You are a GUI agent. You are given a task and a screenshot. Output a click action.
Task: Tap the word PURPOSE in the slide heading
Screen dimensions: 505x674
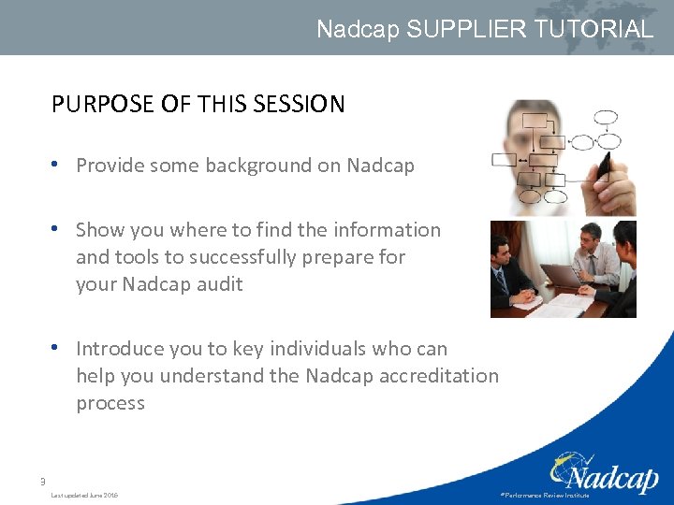point(104,104)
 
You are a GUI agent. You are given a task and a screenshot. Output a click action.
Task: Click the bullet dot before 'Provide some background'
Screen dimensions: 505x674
point(57,165)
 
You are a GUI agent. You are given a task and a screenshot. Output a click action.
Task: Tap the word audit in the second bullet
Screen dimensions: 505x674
point(219,284)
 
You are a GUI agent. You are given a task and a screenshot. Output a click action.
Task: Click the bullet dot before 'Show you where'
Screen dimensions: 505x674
point(57,229)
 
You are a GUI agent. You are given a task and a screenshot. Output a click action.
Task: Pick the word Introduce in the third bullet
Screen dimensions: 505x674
point(121,349)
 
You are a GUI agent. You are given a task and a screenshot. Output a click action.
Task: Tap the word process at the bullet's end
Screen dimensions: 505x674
point(110,403)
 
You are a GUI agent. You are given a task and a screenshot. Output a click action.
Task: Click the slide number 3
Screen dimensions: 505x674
point(42,482)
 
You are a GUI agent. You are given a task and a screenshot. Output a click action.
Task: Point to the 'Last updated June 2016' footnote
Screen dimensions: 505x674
point(84,495)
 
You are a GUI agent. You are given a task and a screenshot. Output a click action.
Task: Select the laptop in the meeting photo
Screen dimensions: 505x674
point(560,276)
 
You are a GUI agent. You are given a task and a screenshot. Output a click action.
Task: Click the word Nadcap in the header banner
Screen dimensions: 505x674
point(358,29)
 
